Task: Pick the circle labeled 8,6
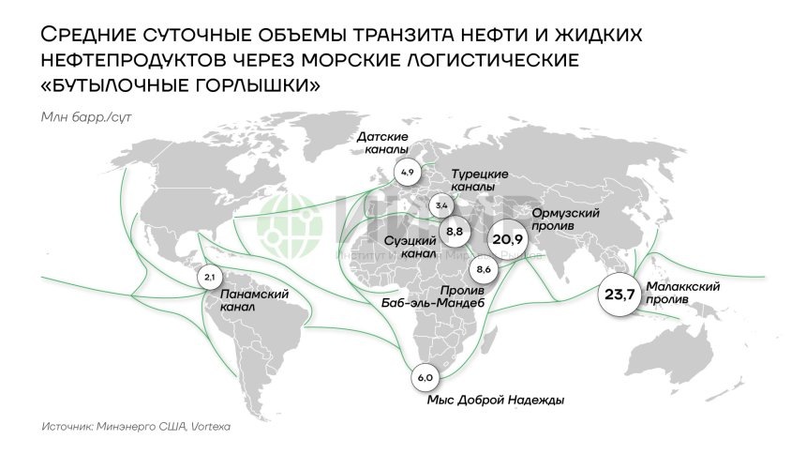(x=485, y=269)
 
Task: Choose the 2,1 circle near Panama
(x=209, y=278)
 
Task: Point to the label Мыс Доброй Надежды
(x=495, y=401)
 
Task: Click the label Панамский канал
(x=253, y=299)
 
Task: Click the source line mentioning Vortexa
(x=136, y=426)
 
